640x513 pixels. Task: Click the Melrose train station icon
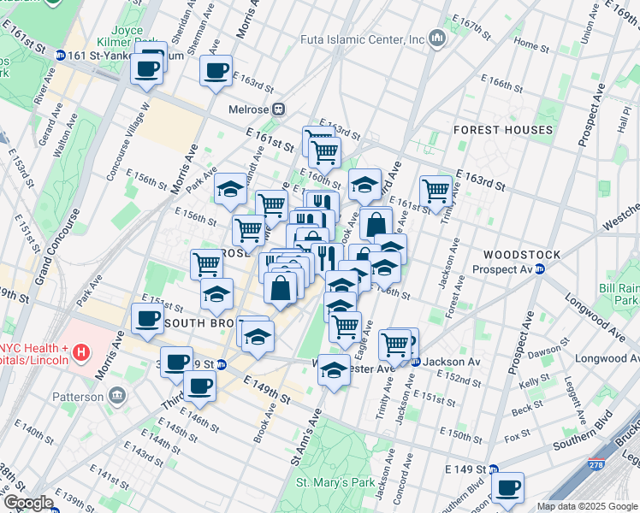tap(279, 109)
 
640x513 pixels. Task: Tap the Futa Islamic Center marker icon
tap(437, 39)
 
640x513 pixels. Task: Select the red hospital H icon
tap(80, 351)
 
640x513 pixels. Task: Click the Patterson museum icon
tap(117, 396)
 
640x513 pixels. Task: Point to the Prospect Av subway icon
tap(540, 269)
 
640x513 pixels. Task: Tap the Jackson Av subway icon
tap(416, 362)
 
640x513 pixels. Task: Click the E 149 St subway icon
tap(492, 469)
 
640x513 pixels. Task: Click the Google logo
tap(28, 503)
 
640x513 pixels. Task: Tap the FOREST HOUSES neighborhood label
tap(503, 130)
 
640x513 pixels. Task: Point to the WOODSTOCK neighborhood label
tap(521, 255)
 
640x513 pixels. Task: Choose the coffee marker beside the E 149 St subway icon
tap(507, 488)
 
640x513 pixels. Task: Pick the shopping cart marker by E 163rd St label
tap(436, 190)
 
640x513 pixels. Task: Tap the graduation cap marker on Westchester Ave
tap(334, 369)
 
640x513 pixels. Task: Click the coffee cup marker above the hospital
tap(146, 320)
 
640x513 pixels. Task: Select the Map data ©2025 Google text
tap(587, 506)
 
